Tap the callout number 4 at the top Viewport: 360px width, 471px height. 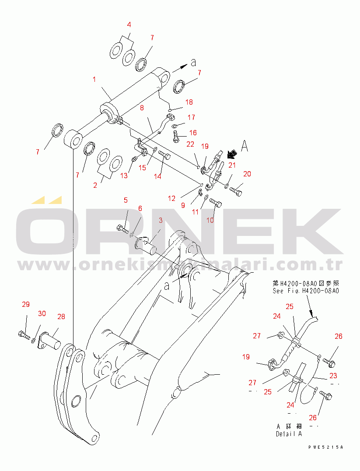click(x=129, y=25)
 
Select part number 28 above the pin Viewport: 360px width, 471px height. click(x=61, y=316)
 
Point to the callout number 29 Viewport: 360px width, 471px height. click(x=26, y=305)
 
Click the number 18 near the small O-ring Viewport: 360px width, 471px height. click(x=189, y=102)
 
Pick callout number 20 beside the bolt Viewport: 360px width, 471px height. click(x=247, y=174)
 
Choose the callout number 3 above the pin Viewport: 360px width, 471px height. click(x=161, y=220)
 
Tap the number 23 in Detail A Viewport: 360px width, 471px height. click(x=334, y=375)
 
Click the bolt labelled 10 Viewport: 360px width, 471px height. click(x=215, y=202)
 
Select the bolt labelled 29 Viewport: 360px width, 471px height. click(x=24, y=335)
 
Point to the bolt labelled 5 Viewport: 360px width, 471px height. click(x=122, y=228)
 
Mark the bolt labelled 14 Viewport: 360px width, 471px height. click(x=164, y=155)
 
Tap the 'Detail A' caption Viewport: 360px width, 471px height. click(x=289, y=434)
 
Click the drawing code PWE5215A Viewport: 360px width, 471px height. click(x=325, y=447)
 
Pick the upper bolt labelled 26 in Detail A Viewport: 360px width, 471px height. click(x=330, y=362)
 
